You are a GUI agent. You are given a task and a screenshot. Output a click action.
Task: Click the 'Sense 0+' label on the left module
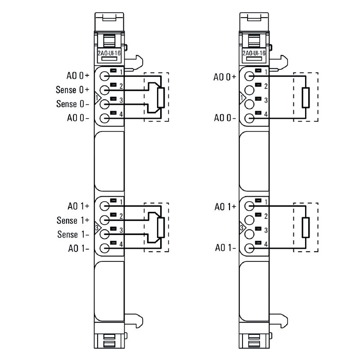[x=72, y=90]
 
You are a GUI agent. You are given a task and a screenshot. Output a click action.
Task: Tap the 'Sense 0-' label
[x=72, y=104]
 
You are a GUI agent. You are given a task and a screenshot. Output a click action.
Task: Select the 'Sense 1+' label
[x=73, y=220]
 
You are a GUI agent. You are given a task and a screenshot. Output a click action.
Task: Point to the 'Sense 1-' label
[x=73, y=234]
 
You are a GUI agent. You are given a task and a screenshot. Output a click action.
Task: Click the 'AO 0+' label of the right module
[x=225, y=77]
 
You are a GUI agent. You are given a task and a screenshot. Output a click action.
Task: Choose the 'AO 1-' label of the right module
[x=225, y=248]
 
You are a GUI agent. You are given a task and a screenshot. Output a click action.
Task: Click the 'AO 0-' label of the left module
[x=78, y=118]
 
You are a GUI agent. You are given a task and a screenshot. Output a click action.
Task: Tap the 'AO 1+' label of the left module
[x=78, y=206]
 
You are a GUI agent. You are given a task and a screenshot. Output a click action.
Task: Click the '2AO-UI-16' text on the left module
[x=109, y=53]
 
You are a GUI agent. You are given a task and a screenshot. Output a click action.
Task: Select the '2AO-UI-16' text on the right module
[x=254, y=53]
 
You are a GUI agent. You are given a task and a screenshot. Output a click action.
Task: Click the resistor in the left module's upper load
[x=161, y=98]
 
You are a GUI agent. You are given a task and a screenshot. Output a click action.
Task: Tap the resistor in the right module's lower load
[x=306, y=227]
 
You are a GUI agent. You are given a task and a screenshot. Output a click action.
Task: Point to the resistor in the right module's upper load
[x=306, y=98]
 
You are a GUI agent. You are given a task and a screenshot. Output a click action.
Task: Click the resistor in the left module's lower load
[x=161, y=227]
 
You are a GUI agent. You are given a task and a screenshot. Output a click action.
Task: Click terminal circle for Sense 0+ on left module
[x=105, y=90]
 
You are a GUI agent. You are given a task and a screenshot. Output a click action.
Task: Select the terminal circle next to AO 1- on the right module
[x=249, y=248]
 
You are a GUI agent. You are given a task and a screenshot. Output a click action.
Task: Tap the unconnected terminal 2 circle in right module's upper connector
[x=249, y=90]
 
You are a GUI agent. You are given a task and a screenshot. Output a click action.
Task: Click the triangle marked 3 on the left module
[x=97, y=228]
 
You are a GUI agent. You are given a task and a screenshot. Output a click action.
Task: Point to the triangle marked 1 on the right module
[x=242, y=98]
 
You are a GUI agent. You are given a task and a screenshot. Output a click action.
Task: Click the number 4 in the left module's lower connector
[x=121, y=244]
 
